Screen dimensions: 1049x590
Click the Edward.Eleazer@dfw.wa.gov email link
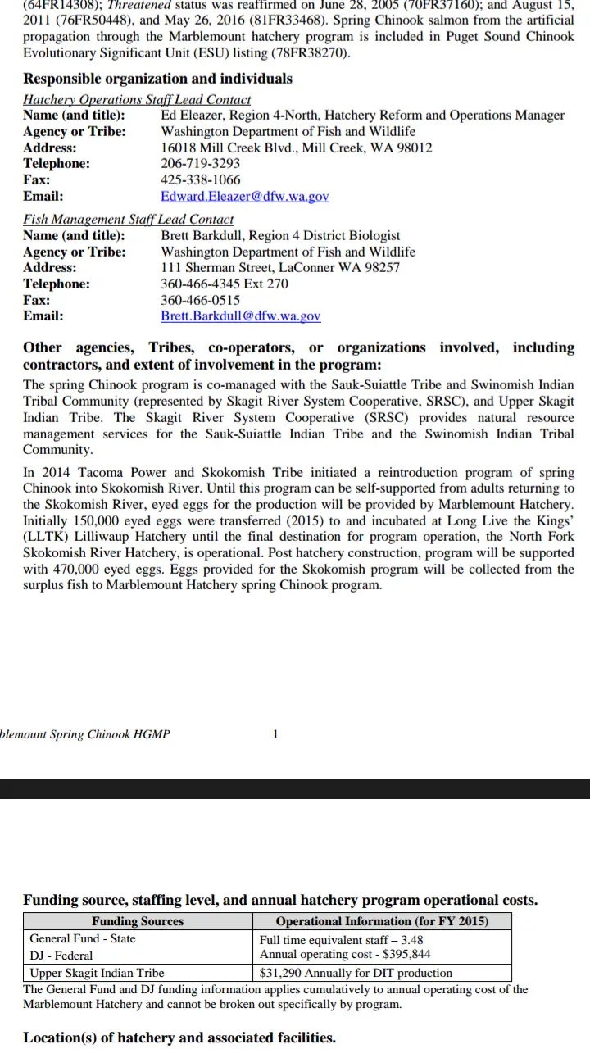coord(245,196)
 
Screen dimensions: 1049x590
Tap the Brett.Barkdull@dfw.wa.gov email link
coord(241,316)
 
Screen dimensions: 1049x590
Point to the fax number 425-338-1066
coord(200,179)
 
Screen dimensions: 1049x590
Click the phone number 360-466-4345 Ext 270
coord(225,284)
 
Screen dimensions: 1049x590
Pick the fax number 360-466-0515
coord(200,300)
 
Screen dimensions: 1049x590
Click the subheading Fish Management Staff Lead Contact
coord(128,220)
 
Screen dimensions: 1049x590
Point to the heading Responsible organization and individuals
coord(157,79)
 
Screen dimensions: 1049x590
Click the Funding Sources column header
coord(138,921)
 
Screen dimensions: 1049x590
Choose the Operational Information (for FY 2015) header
coord(382,921)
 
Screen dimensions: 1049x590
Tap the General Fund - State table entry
coord(83,938)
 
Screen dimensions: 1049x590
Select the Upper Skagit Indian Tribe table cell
coord(97,973)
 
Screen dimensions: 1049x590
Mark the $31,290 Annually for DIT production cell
coord(356,973)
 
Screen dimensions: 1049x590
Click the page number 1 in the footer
coord(275,733)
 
